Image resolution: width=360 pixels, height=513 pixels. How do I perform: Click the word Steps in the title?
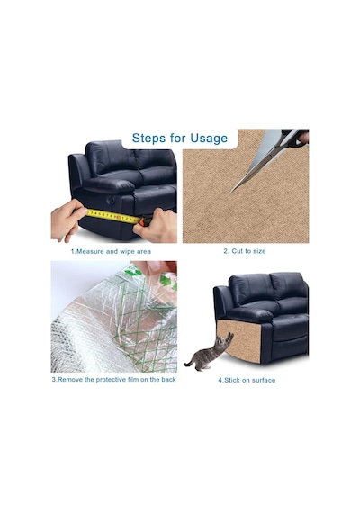tap(149, 138)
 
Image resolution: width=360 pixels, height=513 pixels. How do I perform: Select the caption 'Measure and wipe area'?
tap(111, 252)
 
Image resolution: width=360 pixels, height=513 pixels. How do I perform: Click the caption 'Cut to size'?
tap(245, 251)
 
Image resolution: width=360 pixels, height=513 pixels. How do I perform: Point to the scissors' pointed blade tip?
tap(230, 193)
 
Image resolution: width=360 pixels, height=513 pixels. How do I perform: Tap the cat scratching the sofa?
tap(209, 353)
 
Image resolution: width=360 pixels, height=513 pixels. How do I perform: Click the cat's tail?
tap(190, 361)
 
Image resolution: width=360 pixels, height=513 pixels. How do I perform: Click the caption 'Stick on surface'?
tap(247, 380)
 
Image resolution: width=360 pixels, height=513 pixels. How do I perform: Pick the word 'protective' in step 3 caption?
tap(111, 380)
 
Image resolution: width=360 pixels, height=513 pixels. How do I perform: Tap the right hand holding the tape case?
tap(156, 227)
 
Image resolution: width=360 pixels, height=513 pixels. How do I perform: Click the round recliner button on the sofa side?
tap(111, 200)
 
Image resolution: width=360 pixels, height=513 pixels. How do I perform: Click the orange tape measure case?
tap(146, 221)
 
